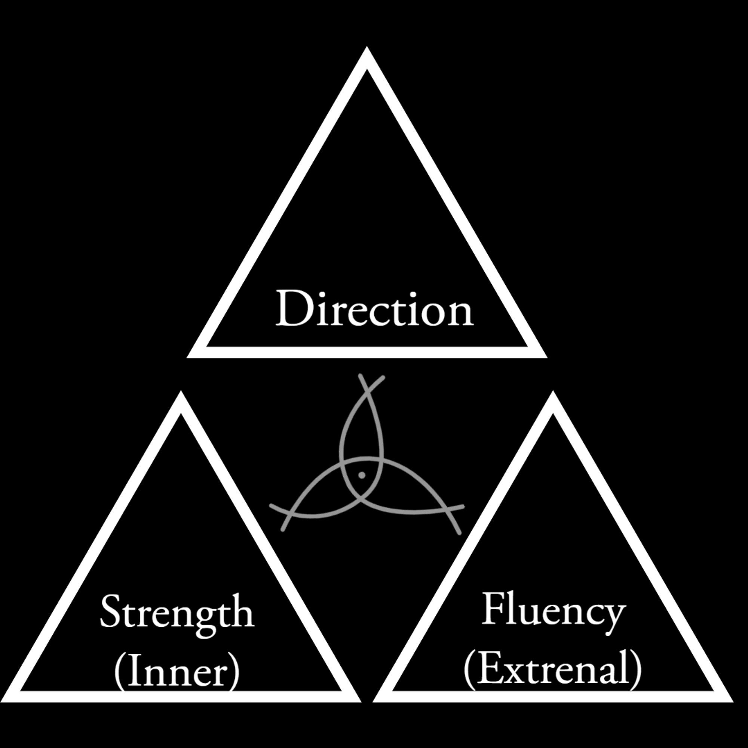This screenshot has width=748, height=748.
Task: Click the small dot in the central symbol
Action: tap(362, 475)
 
